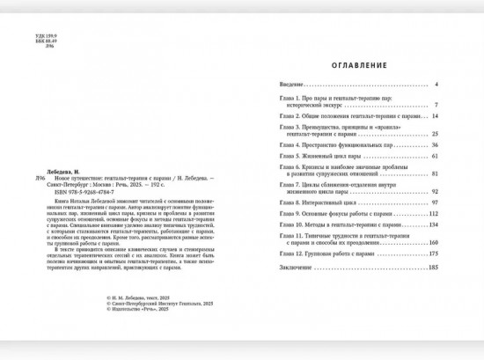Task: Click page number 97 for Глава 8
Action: tap(434, 202)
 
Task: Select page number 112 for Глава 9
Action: tap(433, 213)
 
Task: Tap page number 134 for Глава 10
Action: tap(433, 224)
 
